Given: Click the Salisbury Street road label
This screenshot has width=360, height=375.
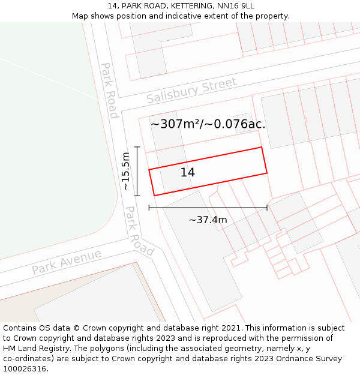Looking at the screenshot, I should (191, 90).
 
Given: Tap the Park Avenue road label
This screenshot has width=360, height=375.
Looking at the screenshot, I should (67, 262).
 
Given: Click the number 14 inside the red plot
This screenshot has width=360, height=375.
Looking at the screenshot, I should (187, 172).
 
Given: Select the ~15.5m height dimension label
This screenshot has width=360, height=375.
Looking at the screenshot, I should (125, 171).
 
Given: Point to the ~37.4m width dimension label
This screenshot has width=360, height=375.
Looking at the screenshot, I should (208, 220).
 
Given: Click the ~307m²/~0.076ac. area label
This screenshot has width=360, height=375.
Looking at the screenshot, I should (208, 124).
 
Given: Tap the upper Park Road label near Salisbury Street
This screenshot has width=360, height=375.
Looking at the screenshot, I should (109, 91).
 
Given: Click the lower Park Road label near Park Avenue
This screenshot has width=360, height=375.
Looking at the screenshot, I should (139, 232).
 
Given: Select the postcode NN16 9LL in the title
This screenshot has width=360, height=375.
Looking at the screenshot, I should (236, 5).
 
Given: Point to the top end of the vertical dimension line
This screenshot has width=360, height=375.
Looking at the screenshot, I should (137, 147).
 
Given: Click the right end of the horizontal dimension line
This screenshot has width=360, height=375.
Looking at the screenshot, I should (267, 208).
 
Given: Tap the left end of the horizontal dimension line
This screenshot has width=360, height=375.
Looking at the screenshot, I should (149, 208).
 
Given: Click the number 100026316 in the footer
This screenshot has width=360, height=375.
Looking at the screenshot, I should (23, 369).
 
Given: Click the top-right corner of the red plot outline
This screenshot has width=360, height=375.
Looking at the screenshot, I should (261, 147).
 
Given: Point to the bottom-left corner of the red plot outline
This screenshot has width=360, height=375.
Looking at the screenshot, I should (154, 196).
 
